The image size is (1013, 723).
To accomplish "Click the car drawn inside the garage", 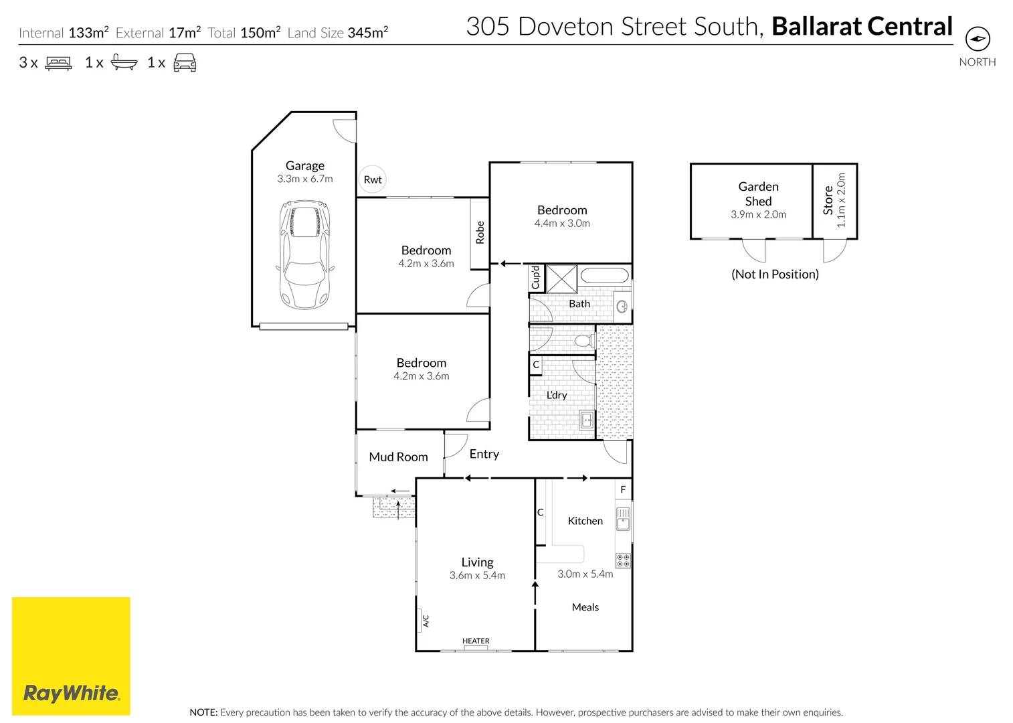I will (304, 254).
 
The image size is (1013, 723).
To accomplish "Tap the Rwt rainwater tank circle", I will (373, 179).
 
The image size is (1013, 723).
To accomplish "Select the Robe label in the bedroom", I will (480, 232).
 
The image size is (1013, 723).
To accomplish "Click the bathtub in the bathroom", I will (604, 276).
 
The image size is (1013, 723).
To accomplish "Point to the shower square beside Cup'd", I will (561, 279).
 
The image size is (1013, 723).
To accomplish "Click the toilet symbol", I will (585, 341).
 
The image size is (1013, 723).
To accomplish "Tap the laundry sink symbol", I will (586, 420).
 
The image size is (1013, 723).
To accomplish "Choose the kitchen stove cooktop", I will (622, 560).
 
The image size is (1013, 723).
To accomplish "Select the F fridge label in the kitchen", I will (623, 490).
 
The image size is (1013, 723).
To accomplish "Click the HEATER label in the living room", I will (476, 641).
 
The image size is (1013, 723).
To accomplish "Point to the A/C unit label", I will (426, 621).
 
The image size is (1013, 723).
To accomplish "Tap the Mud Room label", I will (398, 457).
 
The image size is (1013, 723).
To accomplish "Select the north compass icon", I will (978, 39).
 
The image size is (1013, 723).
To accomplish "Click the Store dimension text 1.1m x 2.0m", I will (842, 200).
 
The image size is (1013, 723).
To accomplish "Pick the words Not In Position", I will (775, 274).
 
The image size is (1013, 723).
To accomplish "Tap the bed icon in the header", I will (58, 64).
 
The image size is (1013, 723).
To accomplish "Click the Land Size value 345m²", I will (367, 33).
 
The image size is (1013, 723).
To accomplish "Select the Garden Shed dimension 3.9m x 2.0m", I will (758, 215).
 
